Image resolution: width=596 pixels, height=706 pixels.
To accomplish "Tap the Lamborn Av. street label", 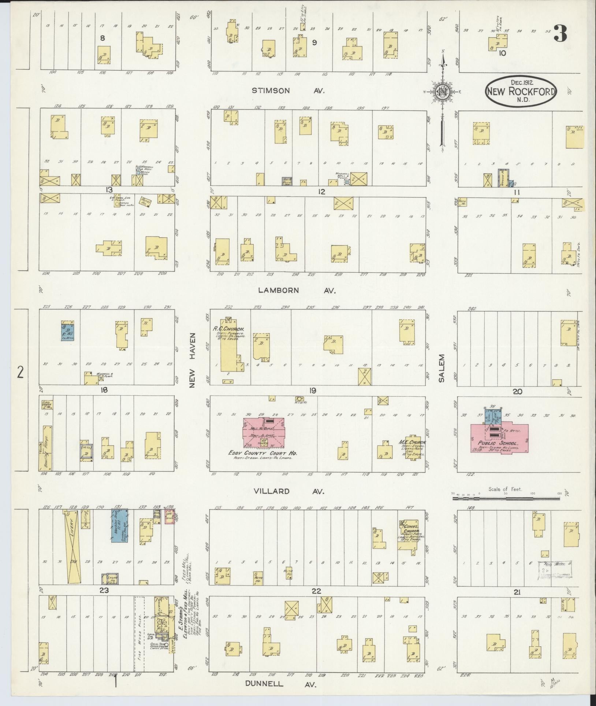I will click(297, 290).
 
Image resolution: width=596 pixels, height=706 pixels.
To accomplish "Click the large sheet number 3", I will click(560, 34).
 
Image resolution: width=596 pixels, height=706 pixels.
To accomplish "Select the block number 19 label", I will click(312, 391).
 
